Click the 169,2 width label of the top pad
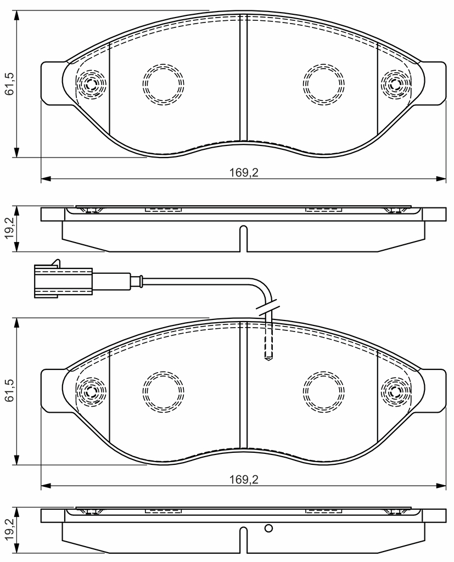point(244,173)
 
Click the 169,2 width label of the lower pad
point(244,480)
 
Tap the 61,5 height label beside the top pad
point(10,83)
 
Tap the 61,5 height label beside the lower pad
point(10,390)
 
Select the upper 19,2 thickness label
point(10,228)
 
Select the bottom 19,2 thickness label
point(10,530)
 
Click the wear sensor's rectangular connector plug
point(63,280)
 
